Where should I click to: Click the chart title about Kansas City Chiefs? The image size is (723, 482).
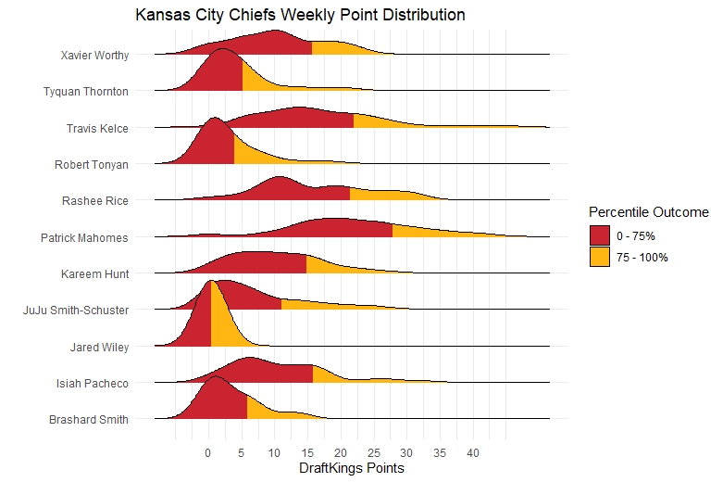(300, 16)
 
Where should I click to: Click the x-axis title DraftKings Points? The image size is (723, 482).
(352, 469)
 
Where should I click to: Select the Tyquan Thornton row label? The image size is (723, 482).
(86, 91)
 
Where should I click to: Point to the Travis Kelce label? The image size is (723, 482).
(97, 128)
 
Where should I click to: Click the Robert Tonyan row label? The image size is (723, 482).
(92, 165)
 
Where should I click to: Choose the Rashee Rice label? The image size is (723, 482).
(95, 200)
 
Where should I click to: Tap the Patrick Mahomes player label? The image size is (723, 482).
(84, 237)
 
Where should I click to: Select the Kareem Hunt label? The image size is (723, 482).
(95, 273)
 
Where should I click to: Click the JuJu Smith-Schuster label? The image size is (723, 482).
(76, 310)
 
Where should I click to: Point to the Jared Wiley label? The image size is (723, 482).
(99, 347)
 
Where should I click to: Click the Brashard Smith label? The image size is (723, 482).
(89, 420)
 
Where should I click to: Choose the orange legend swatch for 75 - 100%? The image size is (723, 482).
(600, 257)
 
